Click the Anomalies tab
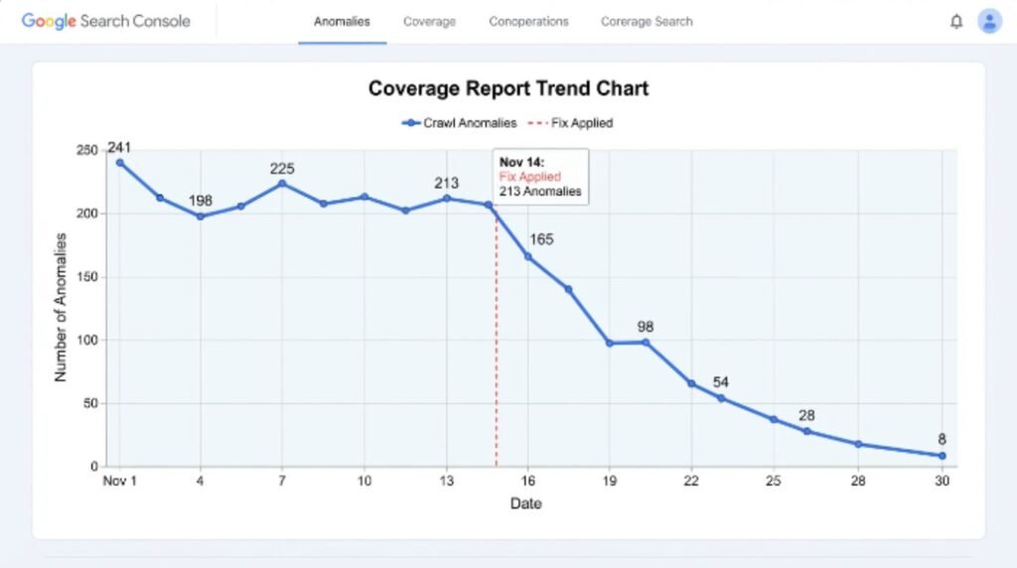[x=342, y=22]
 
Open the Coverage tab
[x=429, y=22]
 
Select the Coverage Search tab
[x=647, y=22]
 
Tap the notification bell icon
[x=956, y=22]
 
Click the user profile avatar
[x=989, y=22]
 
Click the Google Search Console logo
[x=105, y=22]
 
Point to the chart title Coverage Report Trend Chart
[x=508, y=88]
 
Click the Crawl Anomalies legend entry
[x=459, y=122]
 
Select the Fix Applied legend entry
[x=570, y=122]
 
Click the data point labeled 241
[x=120, y=163]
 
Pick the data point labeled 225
[x=282, y=184]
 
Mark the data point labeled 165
[x=528, y=257]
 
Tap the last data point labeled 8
[x=943, y=456]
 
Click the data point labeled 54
[x=721, y=398]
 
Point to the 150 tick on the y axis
[x=87, y=277]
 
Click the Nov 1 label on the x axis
[x=119, y=482]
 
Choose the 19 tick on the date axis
[x=610, y=482]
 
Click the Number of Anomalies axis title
[x=61, y=308]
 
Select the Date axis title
[x=525, y=503]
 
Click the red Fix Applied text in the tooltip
[x=530, y=177]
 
